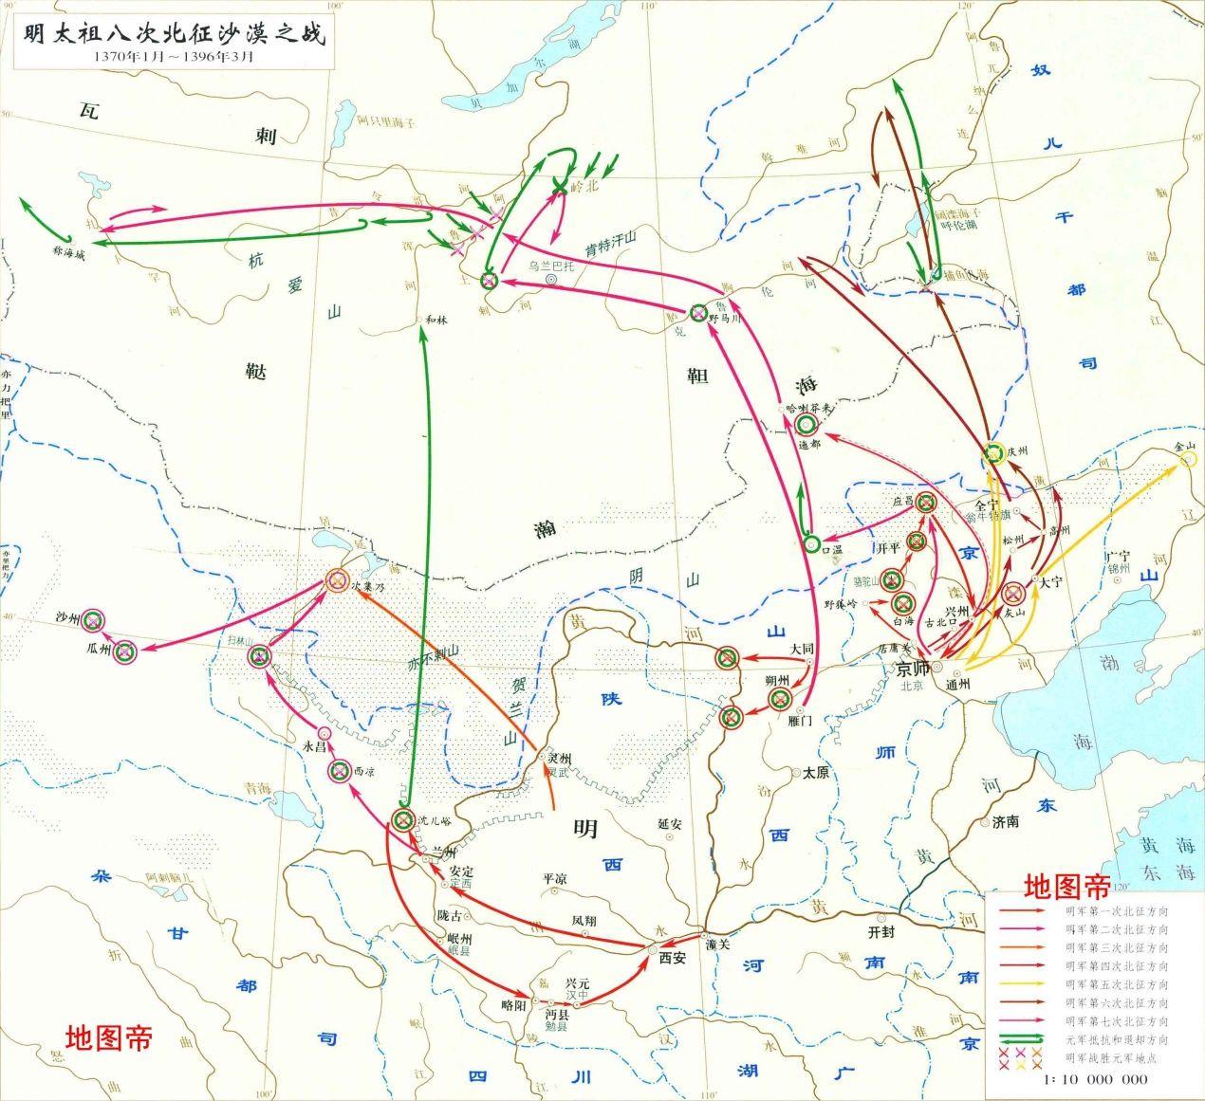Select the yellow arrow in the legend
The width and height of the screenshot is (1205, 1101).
click(1021, 983)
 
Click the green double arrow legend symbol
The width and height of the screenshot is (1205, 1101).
click(1021, 1038)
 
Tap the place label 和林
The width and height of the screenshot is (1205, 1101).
click(436, 320)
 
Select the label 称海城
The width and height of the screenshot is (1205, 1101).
click(69, 253)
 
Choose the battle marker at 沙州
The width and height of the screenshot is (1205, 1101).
click(93, 620)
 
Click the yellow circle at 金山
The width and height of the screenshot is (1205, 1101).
click(1189, 460)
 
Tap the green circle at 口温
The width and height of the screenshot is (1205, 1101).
click(811, 544)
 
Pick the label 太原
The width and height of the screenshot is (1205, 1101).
click(816, 772)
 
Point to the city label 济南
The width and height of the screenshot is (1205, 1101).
click(1006, 821)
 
